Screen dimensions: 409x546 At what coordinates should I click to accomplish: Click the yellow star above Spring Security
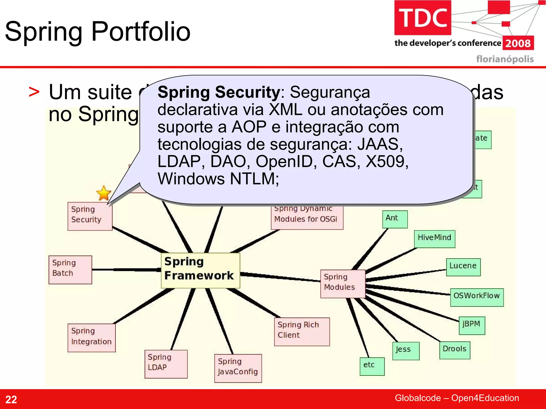pos(103,193)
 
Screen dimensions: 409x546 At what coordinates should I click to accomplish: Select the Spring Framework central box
pos(200,270)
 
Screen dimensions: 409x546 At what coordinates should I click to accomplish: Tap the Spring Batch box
pos(70,269)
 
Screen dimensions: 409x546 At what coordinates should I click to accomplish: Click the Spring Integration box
pos(91,337)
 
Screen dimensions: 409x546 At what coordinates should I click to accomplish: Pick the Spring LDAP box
pos(166,364)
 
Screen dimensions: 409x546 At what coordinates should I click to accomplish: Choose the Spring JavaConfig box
pos(238,368)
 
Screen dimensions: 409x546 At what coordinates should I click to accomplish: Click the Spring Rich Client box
pos(302,331)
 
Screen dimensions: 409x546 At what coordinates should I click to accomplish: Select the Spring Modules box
pos(343,284)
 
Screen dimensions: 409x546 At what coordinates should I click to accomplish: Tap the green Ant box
pos(395,219)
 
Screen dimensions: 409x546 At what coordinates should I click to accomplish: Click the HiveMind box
pos(434,239)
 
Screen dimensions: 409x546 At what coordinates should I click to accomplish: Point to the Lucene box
pos(463,267)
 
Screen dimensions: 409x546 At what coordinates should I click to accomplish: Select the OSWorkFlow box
pos(477,297)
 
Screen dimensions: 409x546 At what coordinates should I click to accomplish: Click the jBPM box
pos(472,325)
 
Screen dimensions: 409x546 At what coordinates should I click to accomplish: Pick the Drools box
pos(455,350)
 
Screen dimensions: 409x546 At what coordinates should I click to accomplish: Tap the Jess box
pos(406,351)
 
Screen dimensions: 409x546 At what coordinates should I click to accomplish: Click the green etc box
pos(372,366)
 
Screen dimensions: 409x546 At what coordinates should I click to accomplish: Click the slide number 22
pos(11,399)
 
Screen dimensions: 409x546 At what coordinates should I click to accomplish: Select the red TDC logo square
pos(423,18)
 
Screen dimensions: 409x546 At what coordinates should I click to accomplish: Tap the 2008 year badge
pos(518,43)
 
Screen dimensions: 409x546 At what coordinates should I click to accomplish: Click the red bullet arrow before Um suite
pos(34,92)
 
